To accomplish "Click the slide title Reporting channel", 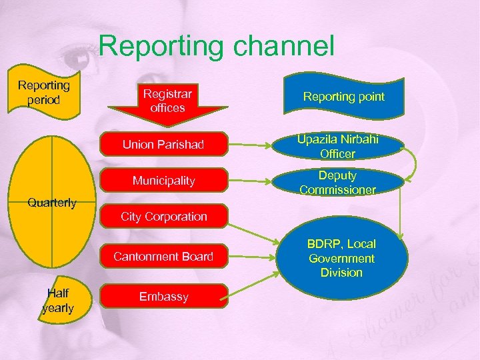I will pyautogui.click(x=216, y=46).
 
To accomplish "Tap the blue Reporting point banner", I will pyautogui.click(x=343, y=97).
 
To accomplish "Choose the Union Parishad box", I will pyautogui.click(x=163, y=145).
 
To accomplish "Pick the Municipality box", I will pyautogui.click(x=163, y=181).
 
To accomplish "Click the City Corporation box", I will pyautogui.click(x=163, y=217).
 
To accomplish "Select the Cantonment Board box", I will pyautogui.click(x=163, y=257).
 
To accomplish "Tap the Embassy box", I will pyautogui.click(x=163, y=297).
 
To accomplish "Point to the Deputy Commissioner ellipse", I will pyautogui.click(x=337, y=183).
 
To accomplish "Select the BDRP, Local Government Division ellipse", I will pyautogui.click(x=341, y=259).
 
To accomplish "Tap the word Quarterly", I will pyautogui.click(x=53, y=203).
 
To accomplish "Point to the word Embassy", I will pyautogui.click(x=163, y=297).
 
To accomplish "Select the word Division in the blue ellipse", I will pyautogui.click(x=341, y=273).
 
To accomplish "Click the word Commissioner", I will pyautogui.click(x=337, y=190).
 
